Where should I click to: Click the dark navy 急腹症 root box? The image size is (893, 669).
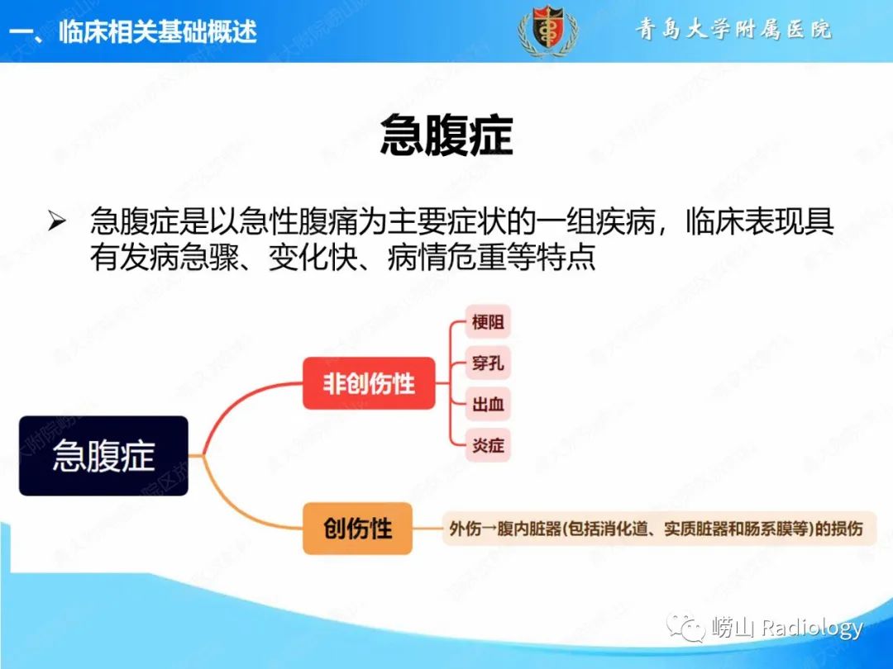point(103,456)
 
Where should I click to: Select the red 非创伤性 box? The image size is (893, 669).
point(369,383)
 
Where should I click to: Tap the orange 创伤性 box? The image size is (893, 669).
point(357,529)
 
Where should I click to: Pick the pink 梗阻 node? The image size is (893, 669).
point(488,322)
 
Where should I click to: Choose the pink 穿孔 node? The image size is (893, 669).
point(488,363)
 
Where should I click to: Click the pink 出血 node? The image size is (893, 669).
point(488,404)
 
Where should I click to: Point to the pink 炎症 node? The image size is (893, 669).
point(488,445)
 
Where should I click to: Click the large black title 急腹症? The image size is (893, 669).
point(446,135)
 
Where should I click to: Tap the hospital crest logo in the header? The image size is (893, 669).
point(548,30)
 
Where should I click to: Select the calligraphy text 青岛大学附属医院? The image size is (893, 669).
point(733,29)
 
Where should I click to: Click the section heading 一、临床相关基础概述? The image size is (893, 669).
point(133,31)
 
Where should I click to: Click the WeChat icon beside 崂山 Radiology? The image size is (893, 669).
point(686,628)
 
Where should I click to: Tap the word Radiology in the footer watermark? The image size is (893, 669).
point(812,628)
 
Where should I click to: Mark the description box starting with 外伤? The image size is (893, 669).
point(659,529)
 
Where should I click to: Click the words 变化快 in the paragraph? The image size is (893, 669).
point(313,257)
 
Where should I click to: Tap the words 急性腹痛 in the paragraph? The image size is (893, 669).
point(298,221)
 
